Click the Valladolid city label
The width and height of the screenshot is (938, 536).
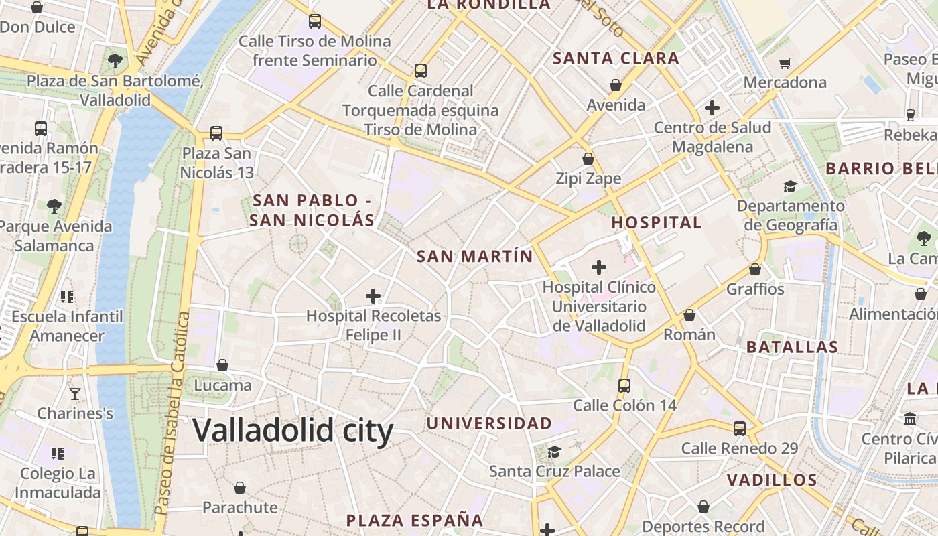pos(293,430)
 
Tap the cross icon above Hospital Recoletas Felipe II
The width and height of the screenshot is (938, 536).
pos(373,295)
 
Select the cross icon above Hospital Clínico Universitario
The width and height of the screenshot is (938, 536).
pos(599,267)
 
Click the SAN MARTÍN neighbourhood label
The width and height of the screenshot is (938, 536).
pos(474,256)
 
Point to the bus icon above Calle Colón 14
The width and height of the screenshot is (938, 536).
pos(624,385)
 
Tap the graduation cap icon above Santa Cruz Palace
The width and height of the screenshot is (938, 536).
pos(554,452)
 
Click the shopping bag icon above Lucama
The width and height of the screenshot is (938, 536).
pos(222,365)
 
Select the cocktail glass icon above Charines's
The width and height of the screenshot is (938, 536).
pos(75,393)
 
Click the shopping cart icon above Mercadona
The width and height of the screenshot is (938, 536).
pos(785,63)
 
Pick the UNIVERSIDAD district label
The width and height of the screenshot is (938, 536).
pos(489,423)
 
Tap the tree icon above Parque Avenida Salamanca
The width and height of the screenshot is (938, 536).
pos(54,206)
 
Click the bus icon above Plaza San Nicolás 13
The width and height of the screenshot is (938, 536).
pos(216,133)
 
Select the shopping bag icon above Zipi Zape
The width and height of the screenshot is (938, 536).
pos(588,159)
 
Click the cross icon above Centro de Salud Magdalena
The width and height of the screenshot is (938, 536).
pos(712,107)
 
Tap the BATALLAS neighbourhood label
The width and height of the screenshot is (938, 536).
pos(792,347)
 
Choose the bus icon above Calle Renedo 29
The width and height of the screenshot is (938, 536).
pos(740,428)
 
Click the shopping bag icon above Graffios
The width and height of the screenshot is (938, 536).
pos(755,269)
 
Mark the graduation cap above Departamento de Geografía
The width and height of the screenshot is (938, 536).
pos(791,186)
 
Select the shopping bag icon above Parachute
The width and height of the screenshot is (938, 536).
pos(240,488)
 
